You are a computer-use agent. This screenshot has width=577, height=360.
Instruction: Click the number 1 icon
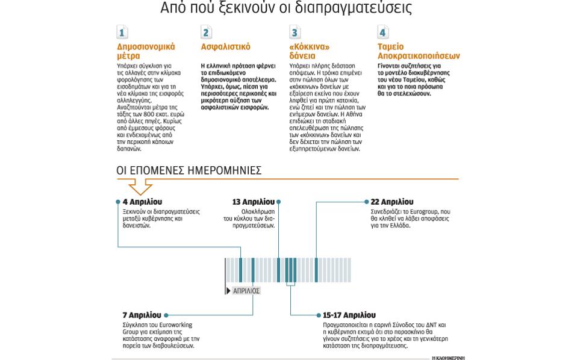pos(122,33)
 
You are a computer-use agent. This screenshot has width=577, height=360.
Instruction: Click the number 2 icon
pos(207,33)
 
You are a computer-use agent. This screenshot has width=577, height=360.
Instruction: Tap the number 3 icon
pos(295,33)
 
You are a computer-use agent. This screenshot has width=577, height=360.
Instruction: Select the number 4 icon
pos(382,33)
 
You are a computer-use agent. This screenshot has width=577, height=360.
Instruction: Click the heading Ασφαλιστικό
pos(225,47)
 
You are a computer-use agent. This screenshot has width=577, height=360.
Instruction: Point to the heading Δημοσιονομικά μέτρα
pos(146,51)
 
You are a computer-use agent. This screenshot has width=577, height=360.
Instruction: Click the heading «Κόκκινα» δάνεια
pos(310,51)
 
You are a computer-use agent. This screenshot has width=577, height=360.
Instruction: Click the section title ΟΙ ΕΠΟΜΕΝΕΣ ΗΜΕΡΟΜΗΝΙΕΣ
pos(189,171)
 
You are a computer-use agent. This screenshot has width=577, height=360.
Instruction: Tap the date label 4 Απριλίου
pos(142,202)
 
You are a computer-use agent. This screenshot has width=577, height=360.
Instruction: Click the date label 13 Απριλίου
pos(253,202)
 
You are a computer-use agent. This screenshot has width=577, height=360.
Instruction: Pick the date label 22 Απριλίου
pos(391,202)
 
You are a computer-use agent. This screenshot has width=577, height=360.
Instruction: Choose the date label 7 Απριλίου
pos(142,315)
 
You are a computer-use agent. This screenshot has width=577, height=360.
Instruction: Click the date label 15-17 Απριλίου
pos(349,315)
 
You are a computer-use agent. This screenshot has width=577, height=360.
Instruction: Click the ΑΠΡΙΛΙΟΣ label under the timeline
pos(246,291)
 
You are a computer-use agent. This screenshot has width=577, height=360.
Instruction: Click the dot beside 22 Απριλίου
pos(367,202)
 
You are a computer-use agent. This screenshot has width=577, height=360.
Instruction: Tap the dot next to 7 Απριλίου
pos(166,315)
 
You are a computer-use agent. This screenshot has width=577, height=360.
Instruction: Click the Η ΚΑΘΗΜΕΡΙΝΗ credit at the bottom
pos(448,358)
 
